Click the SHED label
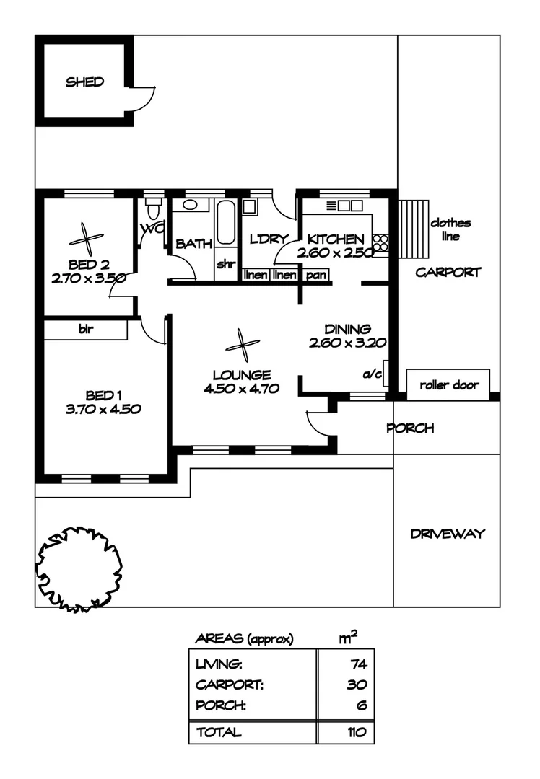coord(85,82)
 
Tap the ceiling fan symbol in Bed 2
coord(86,235)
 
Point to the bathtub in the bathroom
coord(225,223)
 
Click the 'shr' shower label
coord(226,263)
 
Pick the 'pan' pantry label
coord(315,275)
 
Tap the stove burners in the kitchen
coord(381,244)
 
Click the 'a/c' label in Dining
coord(373,374)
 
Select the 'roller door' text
coord(448,385)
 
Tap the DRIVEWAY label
coord(448,534)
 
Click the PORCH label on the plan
coord(410,428)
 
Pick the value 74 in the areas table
coord(357,664)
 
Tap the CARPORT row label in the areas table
coord(229,685)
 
